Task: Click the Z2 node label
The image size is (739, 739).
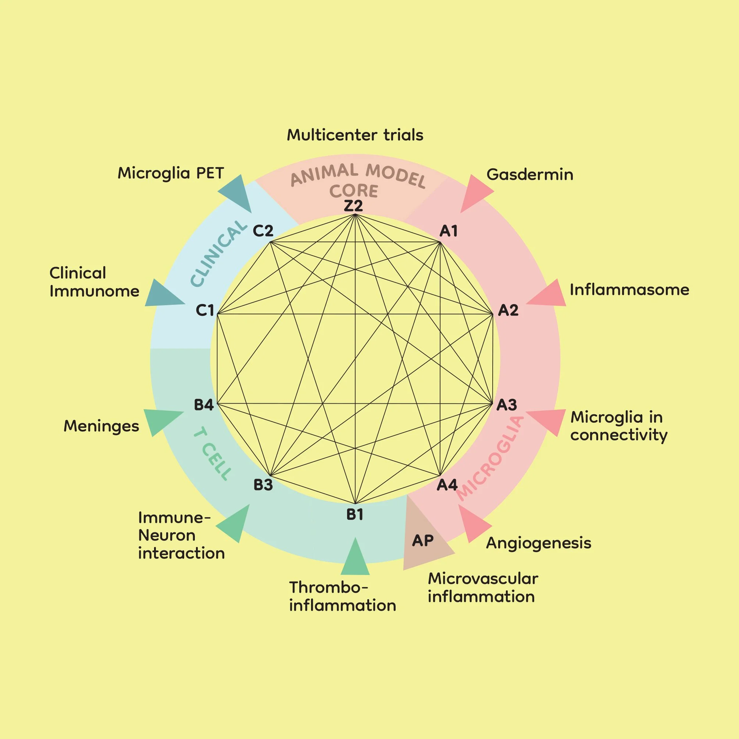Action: click(353, 206)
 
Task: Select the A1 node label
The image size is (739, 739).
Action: click(448, 231)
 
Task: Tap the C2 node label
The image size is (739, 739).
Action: click(263, 231)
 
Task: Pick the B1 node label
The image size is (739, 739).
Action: click(354, 515)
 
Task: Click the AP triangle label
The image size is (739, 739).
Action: click(423, 540)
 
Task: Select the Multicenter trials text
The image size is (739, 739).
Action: click(355, 135)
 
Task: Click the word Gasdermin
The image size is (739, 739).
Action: click(530, 175)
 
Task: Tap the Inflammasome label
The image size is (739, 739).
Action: click(629, 290)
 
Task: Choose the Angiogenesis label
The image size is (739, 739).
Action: click(539, 543)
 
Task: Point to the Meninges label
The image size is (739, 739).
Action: click(101, 426)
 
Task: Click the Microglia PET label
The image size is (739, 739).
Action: click(171, 173)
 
